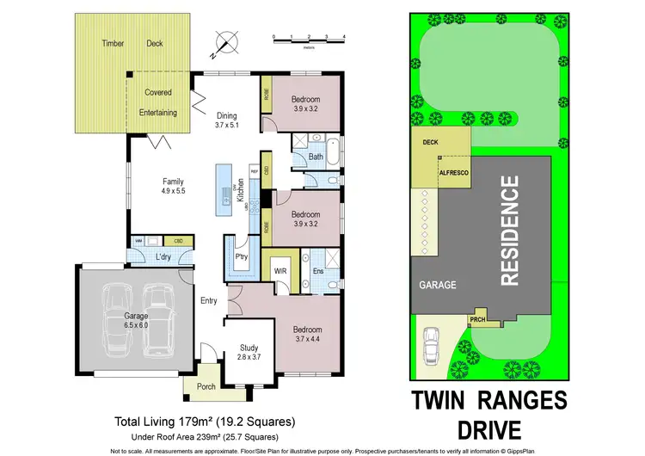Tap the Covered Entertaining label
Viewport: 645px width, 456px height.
click(x=158, y=102)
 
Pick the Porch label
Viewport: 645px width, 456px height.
click(x=206, y=386)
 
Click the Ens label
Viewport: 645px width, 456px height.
click(x=317, y=272)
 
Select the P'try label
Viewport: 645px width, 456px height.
click(x=243, y=257)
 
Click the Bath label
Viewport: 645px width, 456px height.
click(x=316, y=157)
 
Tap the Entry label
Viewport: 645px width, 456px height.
click(x=209, y=300)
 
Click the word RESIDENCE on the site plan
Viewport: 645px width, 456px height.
click(x=510, y=230)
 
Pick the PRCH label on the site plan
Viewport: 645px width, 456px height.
click(x=478, y=321)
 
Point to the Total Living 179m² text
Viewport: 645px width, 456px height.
click(x=206, y=422)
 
